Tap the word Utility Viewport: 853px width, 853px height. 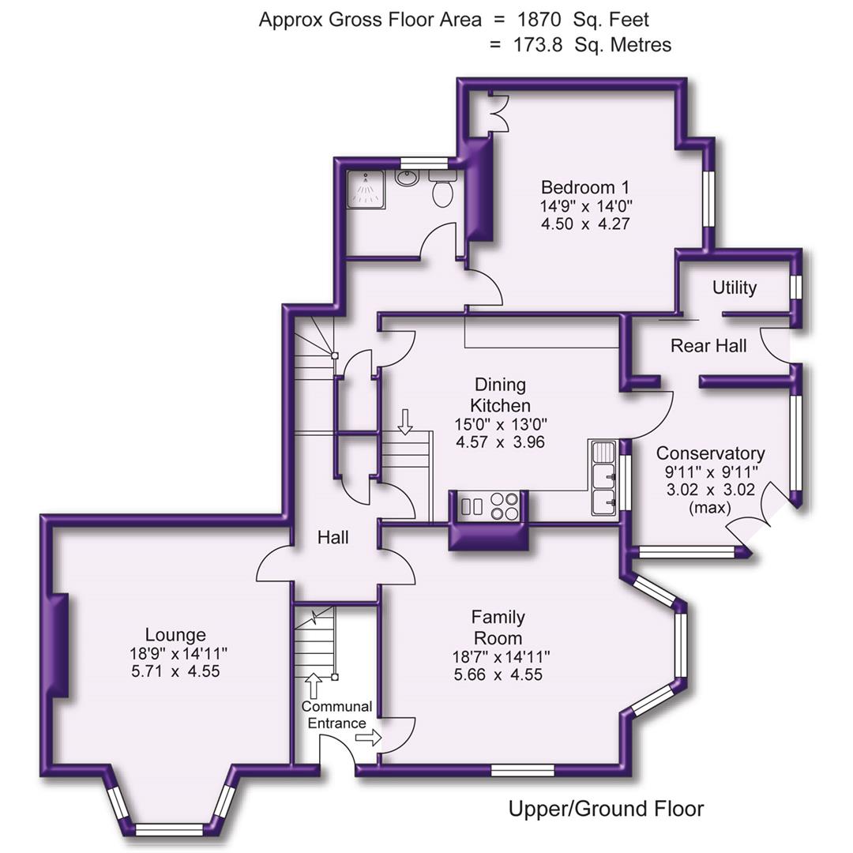pyautogui.click(x=735, y=287)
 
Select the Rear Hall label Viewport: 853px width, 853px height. pyautogui.click(x=708, y=345)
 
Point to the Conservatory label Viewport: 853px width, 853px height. pyautogui.click(x=710, y=453)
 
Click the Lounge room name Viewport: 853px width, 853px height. pyautogui.click(x=175, y=634)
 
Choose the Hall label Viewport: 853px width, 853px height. pyautogui.click(x=333, y=538)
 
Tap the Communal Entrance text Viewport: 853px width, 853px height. pyautogui.click(x=336, y=715)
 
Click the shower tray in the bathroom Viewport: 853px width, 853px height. pyautogui.click(x=365, y=188)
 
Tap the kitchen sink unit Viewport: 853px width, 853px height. pyautogui.click(x=605, y=478)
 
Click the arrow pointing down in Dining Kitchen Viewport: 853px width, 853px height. pyautogui.click(x=405, y=423)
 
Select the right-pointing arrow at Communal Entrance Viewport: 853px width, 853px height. pyautogui.click(x=368, y=738)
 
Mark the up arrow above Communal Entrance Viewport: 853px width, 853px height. pyautogui.click(x=313, y=685)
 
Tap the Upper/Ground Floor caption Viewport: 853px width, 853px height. pyautogui.click(x=606, y=809)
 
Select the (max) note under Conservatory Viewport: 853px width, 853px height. pyautogui.click(x=709, y=507)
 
